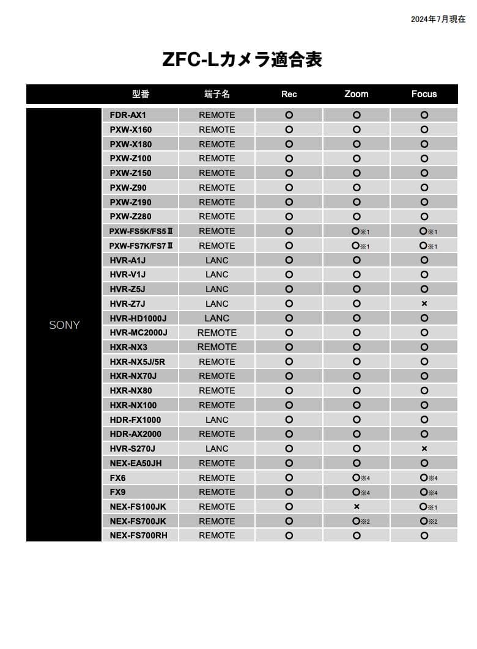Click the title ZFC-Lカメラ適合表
242,60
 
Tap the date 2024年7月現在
438,20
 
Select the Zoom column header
357,94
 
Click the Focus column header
424,94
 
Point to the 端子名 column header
216,94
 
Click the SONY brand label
64,325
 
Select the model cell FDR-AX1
128,115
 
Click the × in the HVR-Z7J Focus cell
424,304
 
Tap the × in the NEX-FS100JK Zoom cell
357,507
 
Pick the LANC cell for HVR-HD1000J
216,318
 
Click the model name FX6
117,478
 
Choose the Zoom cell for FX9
357,492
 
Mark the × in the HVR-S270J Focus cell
424,449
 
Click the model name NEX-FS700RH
138,535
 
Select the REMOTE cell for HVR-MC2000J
216,333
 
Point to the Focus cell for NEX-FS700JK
424,521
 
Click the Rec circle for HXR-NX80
289,391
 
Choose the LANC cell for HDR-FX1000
216,420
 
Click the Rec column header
289,94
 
